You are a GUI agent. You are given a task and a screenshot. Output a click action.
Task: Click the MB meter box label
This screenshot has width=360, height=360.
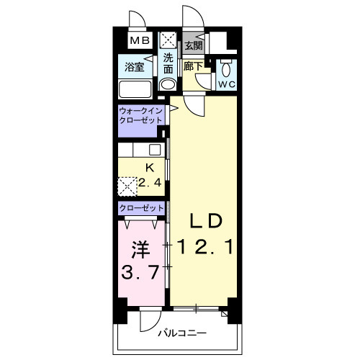pos(140,40)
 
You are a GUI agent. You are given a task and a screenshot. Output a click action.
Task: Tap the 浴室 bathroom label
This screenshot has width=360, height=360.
pos(135,67)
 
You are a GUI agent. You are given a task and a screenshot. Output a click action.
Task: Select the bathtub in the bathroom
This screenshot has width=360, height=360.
pos(135,89)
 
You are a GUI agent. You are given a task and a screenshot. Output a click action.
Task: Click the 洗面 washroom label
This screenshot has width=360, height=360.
pos(168,63)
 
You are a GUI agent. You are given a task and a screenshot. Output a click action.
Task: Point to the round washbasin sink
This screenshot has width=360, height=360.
pos(168,84)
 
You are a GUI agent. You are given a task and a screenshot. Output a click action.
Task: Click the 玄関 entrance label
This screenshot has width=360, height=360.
pos(194,45)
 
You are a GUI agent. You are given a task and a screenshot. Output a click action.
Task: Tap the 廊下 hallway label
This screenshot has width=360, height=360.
pos(194,66)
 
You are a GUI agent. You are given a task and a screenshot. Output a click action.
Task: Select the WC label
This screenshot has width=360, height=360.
pos(227,84)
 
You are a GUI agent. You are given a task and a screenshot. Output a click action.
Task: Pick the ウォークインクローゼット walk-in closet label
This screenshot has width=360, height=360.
pos(140,116)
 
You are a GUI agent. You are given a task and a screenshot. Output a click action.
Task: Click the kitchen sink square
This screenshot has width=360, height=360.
pos(155,150)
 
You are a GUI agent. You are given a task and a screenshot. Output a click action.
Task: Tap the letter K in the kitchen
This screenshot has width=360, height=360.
pos(150,168)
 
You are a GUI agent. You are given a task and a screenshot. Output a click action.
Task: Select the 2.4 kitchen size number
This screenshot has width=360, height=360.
pos(150,183)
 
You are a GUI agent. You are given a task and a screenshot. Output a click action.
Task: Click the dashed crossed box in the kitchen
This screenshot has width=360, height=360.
pos(127,186)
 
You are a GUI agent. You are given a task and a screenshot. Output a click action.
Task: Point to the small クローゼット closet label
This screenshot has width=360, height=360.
pos(141,208)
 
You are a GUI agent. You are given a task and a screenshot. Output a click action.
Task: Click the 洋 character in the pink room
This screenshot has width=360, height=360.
pos(140,250)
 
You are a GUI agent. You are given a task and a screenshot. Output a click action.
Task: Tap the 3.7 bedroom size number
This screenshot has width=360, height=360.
pos(140,272)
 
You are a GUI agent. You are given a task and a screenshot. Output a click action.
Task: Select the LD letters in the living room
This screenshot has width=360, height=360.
pos(205,221)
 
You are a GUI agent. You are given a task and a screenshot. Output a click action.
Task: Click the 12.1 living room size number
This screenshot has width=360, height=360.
pos(205,247)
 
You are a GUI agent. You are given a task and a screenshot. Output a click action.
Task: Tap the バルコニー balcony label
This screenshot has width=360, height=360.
pos(182,333)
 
